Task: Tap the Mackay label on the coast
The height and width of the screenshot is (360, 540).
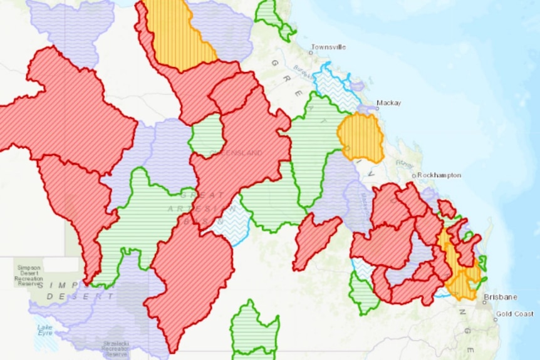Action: click(x=388, y=103)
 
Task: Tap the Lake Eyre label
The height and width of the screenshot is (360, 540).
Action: click(x=44, y=329)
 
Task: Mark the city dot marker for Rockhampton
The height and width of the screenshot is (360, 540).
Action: click(x=414, y=176)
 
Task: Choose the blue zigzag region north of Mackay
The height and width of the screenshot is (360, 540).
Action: click(x=335, y=88)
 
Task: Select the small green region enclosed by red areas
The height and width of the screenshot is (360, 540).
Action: click(x=206, y=135)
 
